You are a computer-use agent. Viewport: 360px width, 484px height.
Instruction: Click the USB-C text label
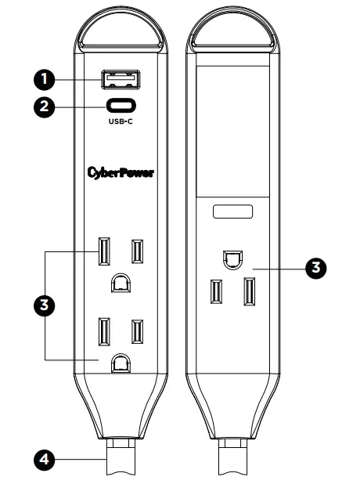pos(120,122)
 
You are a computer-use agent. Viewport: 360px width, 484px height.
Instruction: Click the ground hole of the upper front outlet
pos(121,282)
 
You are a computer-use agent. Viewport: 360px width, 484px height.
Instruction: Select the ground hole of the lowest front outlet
pos(121,363)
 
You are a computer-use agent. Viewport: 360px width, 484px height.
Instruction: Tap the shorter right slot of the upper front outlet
pos(137,251)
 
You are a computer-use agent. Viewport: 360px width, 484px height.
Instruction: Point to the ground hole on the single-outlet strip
pos(232,258)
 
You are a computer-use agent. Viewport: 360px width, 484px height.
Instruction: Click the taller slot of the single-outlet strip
pos(250,293)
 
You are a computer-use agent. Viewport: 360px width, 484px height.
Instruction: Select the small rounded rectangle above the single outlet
pos(232,212)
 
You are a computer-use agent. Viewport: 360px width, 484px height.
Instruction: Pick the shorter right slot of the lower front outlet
pos(137,331)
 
